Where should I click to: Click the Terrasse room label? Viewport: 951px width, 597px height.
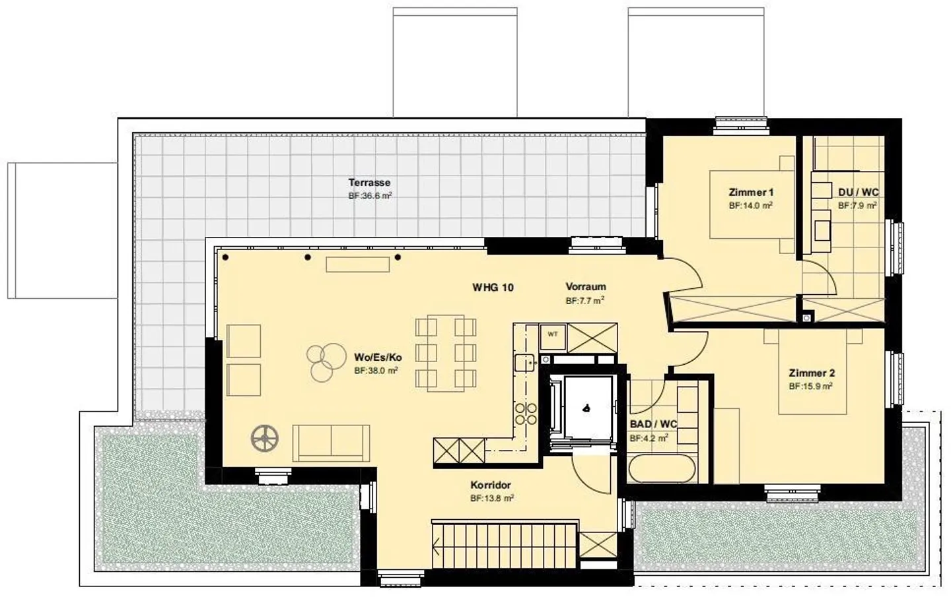pos(369,183)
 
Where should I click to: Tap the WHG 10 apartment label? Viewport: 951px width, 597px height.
pos(493,288)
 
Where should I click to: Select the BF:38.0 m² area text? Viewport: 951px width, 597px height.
pos(376,370)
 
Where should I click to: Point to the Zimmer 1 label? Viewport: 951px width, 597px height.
pos(751,192)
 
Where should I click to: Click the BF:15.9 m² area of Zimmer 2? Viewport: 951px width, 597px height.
pos(810,387)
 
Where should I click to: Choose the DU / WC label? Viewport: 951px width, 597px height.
pos(858,192)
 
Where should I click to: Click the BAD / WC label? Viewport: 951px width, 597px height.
pos(653,424)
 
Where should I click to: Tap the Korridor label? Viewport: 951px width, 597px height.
pos(490,485)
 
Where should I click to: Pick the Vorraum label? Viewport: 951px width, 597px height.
pos(585,287)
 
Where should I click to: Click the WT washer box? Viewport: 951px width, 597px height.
pos(552,337)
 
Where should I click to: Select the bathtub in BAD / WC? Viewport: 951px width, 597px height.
pos(662,468)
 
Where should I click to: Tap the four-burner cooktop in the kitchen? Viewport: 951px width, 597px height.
pos(526,414)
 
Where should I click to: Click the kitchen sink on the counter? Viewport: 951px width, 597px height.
pos(524,363)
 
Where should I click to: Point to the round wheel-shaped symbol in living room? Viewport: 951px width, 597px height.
pos(264,438)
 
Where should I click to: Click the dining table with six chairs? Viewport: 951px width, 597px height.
pos(445,353)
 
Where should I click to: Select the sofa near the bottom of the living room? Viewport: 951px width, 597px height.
pos(331,443)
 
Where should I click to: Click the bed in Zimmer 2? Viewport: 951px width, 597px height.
pos(812,372)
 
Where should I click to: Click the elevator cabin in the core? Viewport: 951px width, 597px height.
pos(588,408)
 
